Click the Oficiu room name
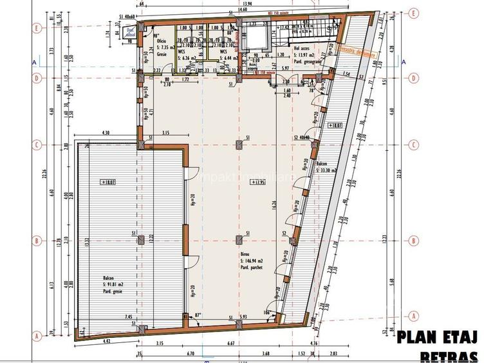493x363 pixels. (x=162, y=41)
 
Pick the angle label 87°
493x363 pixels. (x=198, y=315)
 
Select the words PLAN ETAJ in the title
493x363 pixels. (x=437, y=337)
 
